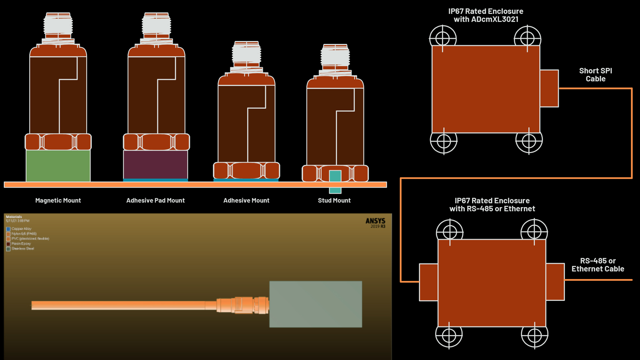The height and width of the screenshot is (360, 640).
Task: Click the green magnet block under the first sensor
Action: (x=58, y=165)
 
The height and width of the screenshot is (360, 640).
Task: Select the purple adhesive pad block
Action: (x=155, y=165)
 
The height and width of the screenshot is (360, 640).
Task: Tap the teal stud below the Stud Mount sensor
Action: (x=335, y=182)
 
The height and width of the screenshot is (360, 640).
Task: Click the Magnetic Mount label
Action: (x=58, y=200)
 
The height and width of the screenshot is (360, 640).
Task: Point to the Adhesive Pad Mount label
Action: (x=155, y=200)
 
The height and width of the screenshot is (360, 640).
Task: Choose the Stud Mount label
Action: (x=334, y=200)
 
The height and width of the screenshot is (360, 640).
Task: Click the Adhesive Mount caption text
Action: (x=246, y=200)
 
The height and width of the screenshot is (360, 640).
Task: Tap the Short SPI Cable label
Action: (x=595, y=75)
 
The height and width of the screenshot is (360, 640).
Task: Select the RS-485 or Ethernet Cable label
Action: (x=597, y=265)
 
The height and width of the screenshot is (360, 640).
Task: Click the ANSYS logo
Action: (x=375, y=221)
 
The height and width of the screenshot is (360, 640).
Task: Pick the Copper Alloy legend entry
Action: (x=21, y=229)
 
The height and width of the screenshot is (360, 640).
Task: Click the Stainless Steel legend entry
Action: (x=22, y=249)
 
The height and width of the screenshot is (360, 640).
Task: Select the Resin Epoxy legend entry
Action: (x=21, y=244)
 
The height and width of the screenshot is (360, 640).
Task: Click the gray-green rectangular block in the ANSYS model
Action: (x=315, y=304)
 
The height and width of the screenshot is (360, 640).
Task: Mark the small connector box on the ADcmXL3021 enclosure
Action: (x=549, y=88)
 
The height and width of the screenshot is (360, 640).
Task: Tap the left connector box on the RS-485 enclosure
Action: (x=428, y=282)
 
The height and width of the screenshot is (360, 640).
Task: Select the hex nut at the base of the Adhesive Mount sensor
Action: (x=246, y=171)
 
